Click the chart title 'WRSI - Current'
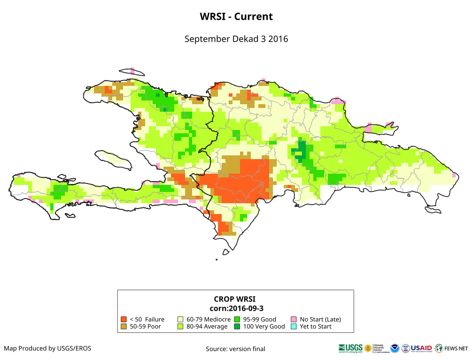236,16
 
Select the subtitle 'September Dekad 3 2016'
236,39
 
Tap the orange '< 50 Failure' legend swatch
124,319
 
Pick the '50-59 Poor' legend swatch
124,326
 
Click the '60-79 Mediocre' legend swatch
180,319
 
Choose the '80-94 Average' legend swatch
180,326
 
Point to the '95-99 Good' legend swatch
237,319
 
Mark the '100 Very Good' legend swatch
237,326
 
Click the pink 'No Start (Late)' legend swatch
294,319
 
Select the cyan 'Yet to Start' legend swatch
294,326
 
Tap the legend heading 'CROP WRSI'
235,299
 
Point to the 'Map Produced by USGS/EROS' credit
47,348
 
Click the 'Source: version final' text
235,349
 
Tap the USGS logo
350,348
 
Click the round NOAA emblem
394,348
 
